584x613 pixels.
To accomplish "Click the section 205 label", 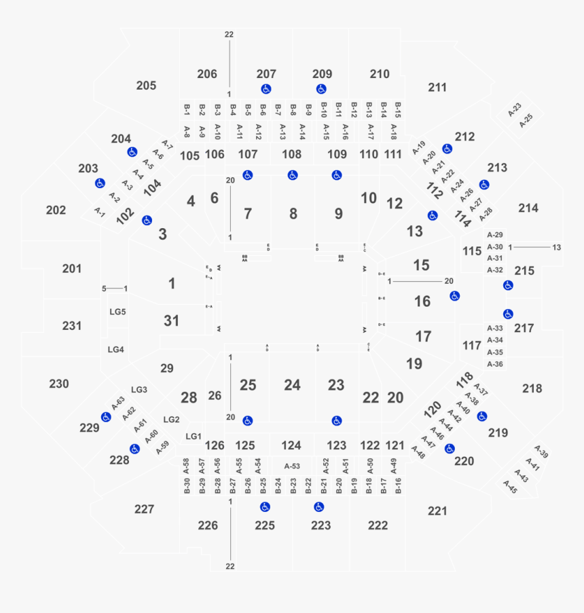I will click(x=146, y=86).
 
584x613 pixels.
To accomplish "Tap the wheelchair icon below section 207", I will click(x=266, y=89).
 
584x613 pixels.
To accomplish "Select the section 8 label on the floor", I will click(x=293, y=214).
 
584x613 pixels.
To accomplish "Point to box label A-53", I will click(x=292, y=466).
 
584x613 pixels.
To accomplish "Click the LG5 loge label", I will click(x=117, y=312).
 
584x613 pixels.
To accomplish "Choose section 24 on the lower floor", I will click(x=292, y=386).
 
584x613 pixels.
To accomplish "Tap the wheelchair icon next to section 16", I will click(x=454, y=296).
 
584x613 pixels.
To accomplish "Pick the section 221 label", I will click(x=438, y=510).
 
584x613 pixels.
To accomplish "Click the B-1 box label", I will click(x=187, y=109).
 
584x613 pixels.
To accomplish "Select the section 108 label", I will click(x=292, y=154).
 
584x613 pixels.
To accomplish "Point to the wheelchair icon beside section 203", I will click(x=100, y=183).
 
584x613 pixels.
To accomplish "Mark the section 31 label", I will click(x=172, y=320).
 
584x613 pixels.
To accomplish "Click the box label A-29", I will click(x=495, y=234).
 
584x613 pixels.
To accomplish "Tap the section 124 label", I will click(x=291, y=445).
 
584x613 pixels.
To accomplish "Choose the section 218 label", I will click(x=532, y=388).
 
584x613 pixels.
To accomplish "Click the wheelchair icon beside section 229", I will click(x=106, y=417).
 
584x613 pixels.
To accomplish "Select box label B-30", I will click(x=187, y=485).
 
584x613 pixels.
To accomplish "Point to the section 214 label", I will click(x=528, y=208).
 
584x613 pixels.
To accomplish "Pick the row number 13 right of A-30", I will click(x=557, y=247).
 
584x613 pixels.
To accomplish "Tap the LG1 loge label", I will click(x=194, y=436).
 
